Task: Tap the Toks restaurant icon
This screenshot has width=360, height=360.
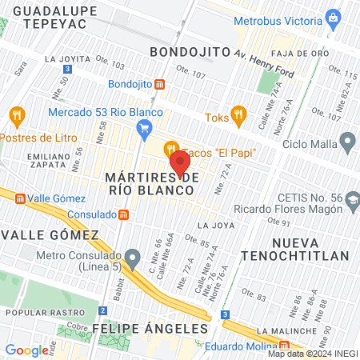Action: pos(237,116)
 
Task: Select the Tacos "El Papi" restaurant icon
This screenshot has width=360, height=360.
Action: pos(170,149)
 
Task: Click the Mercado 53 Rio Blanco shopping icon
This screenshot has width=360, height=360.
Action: pos(144,127)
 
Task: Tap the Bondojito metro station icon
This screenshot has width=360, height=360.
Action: pos(160,84)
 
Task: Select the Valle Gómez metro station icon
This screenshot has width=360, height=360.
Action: pos(19,198)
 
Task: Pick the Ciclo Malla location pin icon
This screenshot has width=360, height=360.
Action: pos(346,143)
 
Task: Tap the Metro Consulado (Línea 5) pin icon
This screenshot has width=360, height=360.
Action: pos(133,257)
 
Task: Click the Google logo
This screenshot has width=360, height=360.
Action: pos(26,350)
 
